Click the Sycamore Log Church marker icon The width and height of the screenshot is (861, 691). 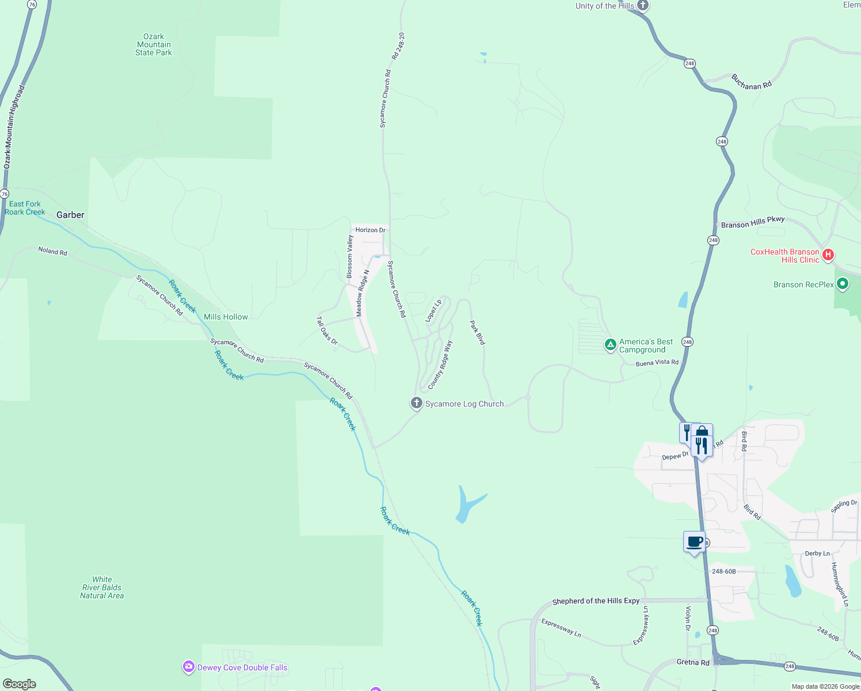coord(417,403)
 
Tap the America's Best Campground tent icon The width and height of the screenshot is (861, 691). coord(610,345)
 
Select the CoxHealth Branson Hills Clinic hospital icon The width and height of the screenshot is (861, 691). coord(828,255)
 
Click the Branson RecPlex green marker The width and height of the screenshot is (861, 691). coord(843,284)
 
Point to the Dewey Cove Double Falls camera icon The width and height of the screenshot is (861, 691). coord(188,667)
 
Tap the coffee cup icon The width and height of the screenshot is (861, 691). coord(695,542)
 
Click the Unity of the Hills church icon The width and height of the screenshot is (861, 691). coord(643,6)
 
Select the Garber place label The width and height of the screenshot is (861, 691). coord(70,215)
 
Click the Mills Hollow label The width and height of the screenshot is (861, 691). coord(226,317)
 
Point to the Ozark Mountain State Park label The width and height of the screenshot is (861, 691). coord(154,44)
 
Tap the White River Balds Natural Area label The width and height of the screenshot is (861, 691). coord(102,587)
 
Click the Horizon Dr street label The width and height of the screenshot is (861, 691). coord(370,230)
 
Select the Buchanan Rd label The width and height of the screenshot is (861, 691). coord(751,82)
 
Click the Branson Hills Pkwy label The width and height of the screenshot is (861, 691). coord(753,222)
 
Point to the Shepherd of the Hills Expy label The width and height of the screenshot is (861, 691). coord(596,601)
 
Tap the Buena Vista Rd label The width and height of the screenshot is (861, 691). coord(657,363)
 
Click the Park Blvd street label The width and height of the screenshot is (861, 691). coord(477,333)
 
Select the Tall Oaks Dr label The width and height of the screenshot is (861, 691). coord(327,331)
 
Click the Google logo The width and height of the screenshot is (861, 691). coord(20,684)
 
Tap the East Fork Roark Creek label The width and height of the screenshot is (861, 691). coord(25,208)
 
